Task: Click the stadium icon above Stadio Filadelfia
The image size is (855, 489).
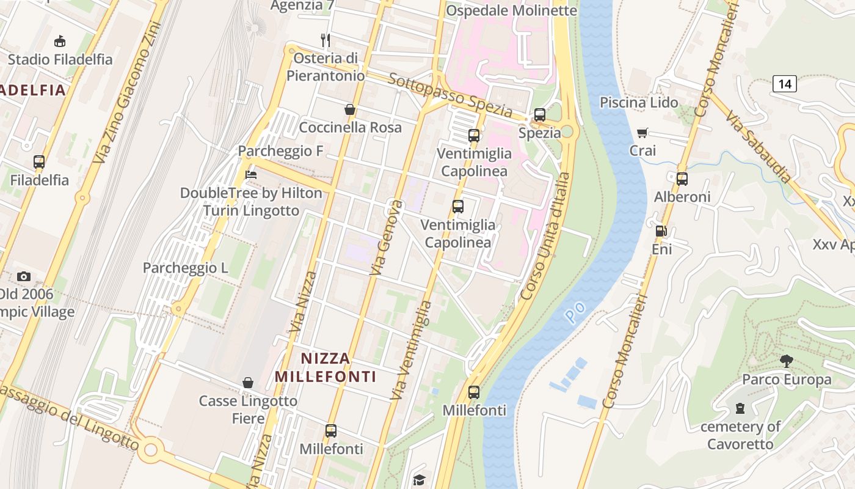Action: pos(60,42)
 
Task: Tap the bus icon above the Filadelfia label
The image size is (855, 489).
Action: pos(39,162)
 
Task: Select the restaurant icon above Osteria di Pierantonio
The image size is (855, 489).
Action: pos(326,40)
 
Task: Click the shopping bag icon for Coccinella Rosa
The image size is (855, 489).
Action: pos(350,109)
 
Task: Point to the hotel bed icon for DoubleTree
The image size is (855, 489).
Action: pos(250,175)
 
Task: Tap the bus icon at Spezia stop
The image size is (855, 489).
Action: pos(539,114)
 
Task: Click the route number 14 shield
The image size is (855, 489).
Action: pos(784,84)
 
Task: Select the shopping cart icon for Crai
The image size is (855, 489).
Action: pos(642,133)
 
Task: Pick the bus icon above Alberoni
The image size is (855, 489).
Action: pos(682,179)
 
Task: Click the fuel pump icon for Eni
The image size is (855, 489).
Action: pos(661,231)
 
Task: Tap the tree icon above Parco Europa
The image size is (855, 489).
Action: pos(786,361)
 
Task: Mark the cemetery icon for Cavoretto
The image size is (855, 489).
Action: pos(740,408)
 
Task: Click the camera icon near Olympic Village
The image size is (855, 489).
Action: pos(24,276)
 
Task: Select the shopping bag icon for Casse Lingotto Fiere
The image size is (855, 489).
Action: pos(248,383)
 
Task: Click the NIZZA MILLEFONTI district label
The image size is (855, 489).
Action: pos(325,367)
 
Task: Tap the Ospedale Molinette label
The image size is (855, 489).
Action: pos(511,10)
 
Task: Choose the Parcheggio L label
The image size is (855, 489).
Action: pos(185,268)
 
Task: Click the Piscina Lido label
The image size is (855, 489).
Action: pos(639,102)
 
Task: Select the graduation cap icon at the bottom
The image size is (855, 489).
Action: pos(419,480)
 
